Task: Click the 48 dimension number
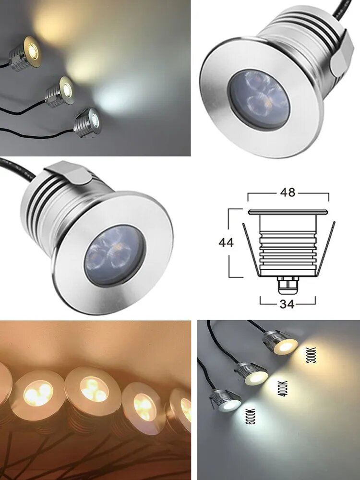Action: click(x=288, y=192)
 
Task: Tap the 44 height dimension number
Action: click(x=226, y=242)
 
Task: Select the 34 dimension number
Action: click(x=287, y=304)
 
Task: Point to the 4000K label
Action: click(x=283, y=388)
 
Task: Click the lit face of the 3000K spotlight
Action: click(x=286, y=347)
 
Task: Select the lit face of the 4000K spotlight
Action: click(x=256, y=377)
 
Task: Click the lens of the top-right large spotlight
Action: click(x=259, y=99)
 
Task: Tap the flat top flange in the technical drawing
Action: click(x=288, y=212)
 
